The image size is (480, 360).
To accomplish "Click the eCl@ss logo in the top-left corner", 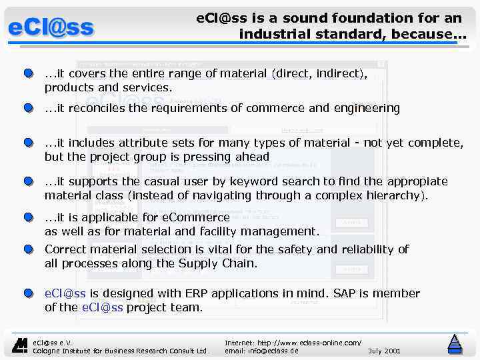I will pyautogui.click(x=51, y=28).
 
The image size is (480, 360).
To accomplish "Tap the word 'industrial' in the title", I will pyautogui.click(x=278, y=33).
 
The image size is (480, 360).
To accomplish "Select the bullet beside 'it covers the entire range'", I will pyautogui.click(x=27, y=74).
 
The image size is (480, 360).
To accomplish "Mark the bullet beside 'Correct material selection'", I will pyautogui.click(x=27, y=249).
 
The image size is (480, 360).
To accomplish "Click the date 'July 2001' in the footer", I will pyautogui.click(x=384, y=351).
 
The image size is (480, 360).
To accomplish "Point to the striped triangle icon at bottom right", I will pyautogui.click(x=455, y=343).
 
